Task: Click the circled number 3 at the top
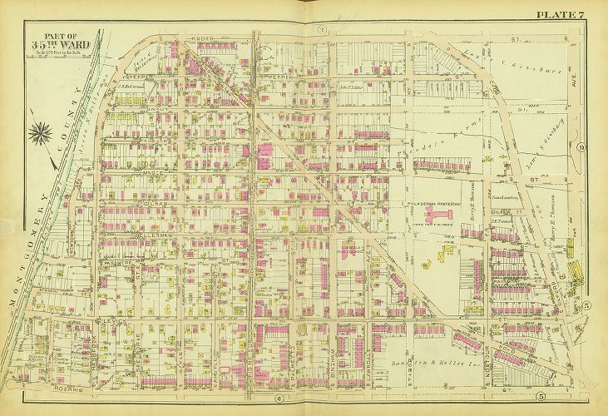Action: pyautogui.click(x=319, y=31)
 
